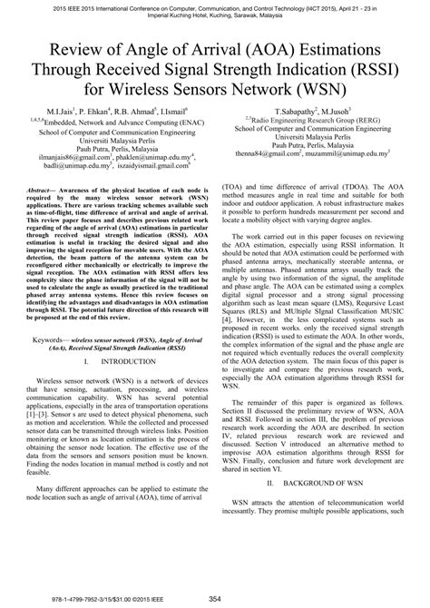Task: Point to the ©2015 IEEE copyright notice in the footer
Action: pos(154,599)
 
